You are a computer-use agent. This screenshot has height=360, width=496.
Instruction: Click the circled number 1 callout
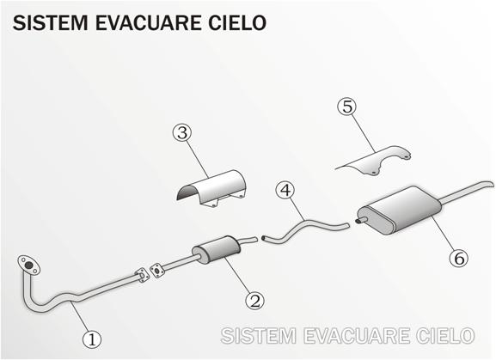92,339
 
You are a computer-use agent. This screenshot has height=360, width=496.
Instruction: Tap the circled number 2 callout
255,300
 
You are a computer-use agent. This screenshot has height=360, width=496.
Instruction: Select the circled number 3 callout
182,133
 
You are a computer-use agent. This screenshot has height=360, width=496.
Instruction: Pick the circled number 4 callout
285,190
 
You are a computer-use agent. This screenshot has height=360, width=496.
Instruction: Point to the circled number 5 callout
347,107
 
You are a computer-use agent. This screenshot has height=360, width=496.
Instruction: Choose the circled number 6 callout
459,258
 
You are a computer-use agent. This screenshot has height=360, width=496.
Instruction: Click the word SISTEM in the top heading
51,22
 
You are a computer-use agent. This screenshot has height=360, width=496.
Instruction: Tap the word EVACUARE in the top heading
148,22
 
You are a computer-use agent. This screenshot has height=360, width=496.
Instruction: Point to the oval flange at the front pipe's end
28,265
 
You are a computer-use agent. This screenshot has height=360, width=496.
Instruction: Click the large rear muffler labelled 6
400,210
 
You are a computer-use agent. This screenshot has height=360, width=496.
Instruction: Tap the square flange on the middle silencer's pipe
157,271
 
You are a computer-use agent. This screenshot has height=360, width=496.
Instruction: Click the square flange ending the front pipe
142,275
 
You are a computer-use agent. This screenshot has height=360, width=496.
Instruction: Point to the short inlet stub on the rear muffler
361,220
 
